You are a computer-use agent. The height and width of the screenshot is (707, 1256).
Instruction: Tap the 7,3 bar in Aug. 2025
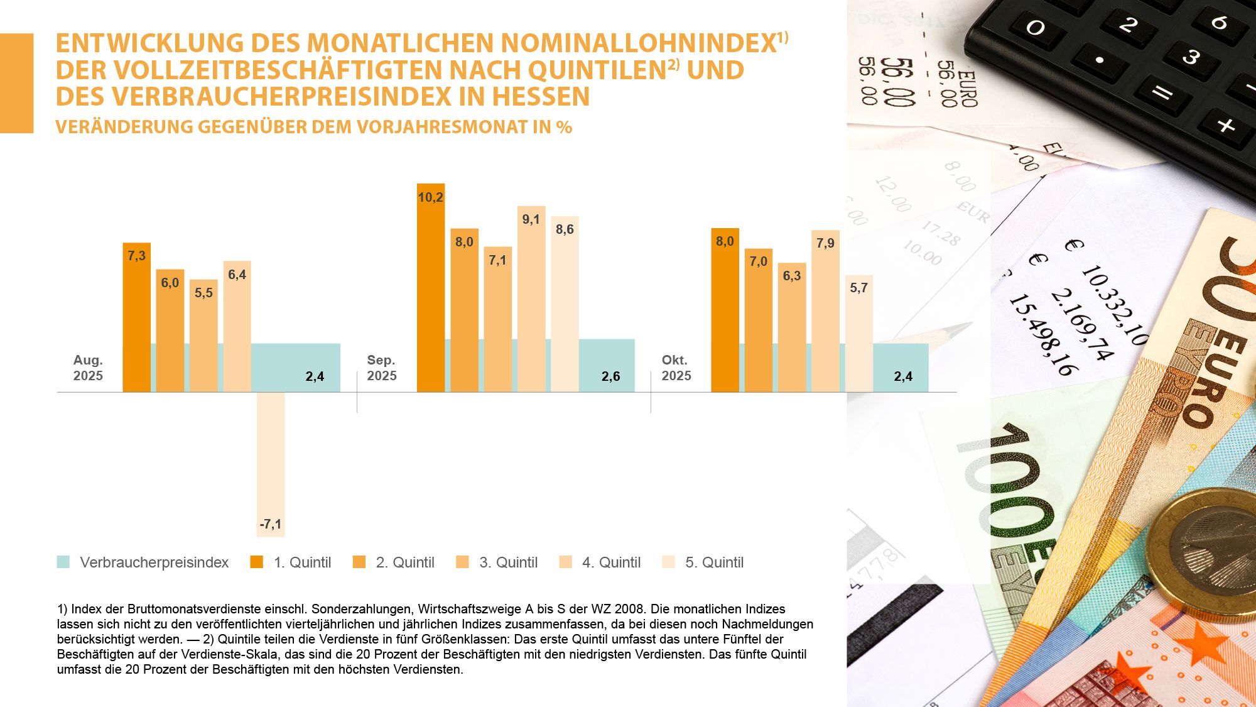[136, 317]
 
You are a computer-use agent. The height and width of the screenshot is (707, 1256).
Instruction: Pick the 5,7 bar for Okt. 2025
[858, 333]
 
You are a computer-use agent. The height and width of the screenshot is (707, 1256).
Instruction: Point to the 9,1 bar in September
[531, 299]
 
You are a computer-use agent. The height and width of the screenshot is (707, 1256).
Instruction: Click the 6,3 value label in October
[791, 276]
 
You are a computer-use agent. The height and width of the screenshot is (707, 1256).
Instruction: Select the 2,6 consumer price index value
[610, 376]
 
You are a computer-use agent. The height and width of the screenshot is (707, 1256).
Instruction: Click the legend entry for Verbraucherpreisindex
[154, 562]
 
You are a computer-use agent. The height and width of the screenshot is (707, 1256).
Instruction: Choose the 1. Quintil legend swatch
[256, 562]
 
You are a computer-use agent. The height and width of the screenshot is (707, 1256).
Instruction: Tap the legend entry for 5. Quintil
[714, 562]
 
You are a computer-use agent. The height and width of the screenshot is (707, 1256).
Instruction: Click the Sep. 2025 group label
[382, 368]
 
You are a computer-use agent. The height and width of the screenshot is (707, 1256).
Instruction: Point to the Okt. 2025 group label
[676, 368]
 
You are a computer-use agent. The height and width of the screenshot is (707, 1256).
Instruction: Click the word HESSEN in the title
[541, 97]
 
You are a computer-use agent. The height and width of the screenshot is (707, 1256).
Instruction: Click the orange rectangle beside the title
[16, 83]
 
